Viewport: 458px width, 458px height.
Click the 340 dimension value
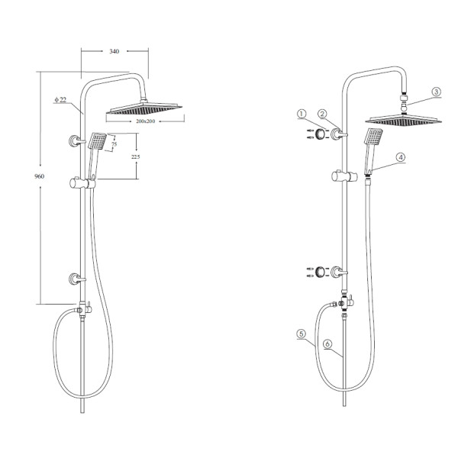click(x=114, y=51)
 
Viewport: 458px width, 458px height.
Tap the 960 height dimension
click(x=39, y=176)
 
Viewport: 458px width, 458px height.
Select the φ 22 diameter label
click(x=60, y=100)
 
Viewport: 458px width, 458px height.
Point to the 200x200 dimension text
click(x=146, y=121)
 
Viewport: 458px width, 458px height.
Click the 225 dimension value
click(x=136, y=156)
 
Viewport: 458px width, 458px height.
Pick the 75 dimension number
click(x=114, y=144)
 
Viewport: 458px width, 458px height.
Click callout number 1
click(x=302, y=114)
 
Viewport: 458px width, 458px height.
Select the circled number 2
click(x=322, y=114)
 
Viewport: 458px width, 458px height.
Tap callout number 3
click(x=436, y=92)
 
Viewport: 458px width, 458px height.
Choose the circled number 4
click(x=401, y=157)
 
